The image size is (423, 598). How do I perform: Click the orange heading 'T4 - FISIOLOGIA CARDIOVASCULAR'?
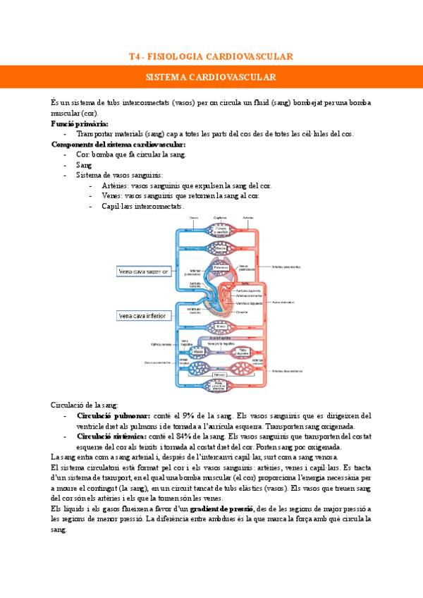211,56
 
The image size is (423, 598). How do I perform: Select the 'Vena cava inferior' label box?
142,315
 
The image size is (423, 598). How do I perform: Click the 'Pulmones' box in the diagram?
220,268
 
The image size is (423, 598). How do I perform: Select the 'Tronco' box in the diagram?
220,326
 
